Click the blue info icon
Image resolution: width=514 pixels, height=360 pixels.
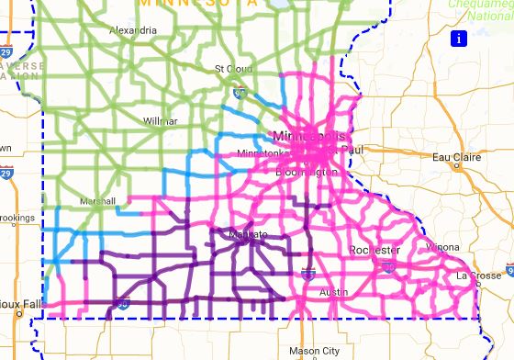(458, 38)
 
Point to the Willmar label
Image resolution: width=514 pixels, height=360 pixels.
(161, 120)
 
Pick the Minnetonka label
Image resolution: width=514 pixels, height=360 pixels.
(263, 152)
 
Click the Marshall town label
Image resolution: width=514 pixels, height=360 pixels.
(95, 200)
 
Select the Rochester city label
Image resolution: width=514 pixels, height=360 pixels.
(374, 250)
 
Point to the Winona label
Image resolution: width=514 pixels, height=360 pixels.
(442, 246)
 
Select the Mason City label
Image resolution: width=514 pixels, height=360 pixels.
(313, 350)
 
